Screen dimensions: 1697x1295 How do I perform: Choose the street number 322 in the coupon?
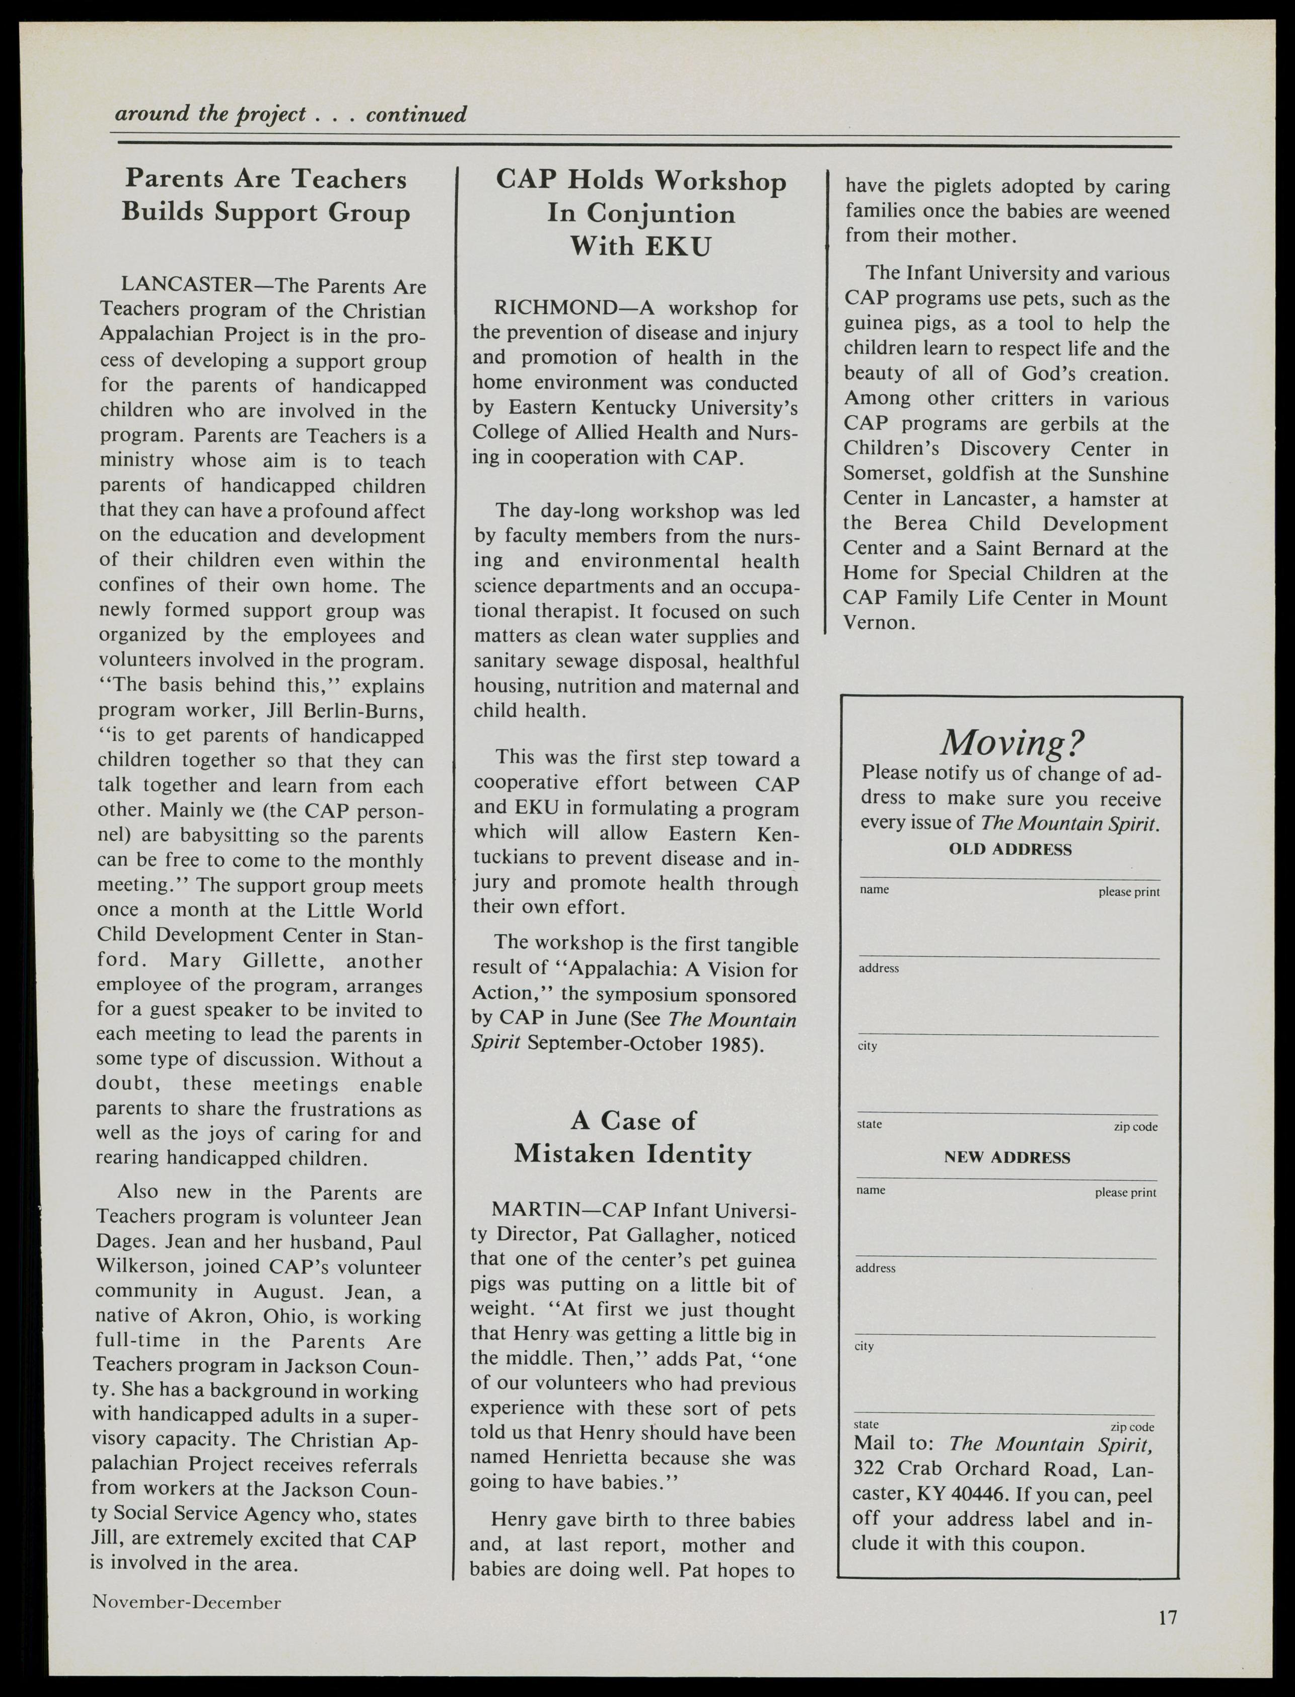tap(869, 1469)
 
